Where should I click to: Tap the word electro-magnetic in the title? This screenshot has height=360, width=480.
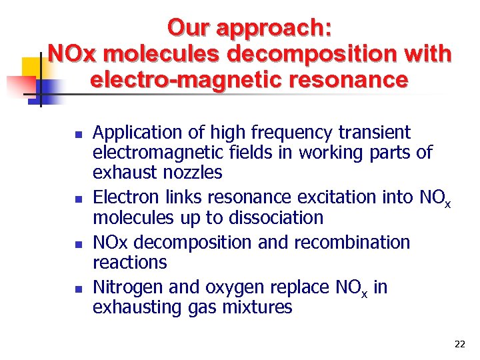click(182, 80)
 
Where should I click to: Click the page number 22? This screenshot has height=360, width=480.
click(459, 344)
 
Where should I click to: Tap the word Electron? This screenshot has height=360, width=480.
click(129, 197)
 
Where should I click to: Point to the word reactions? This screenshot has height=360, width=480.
click(130, 263)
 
